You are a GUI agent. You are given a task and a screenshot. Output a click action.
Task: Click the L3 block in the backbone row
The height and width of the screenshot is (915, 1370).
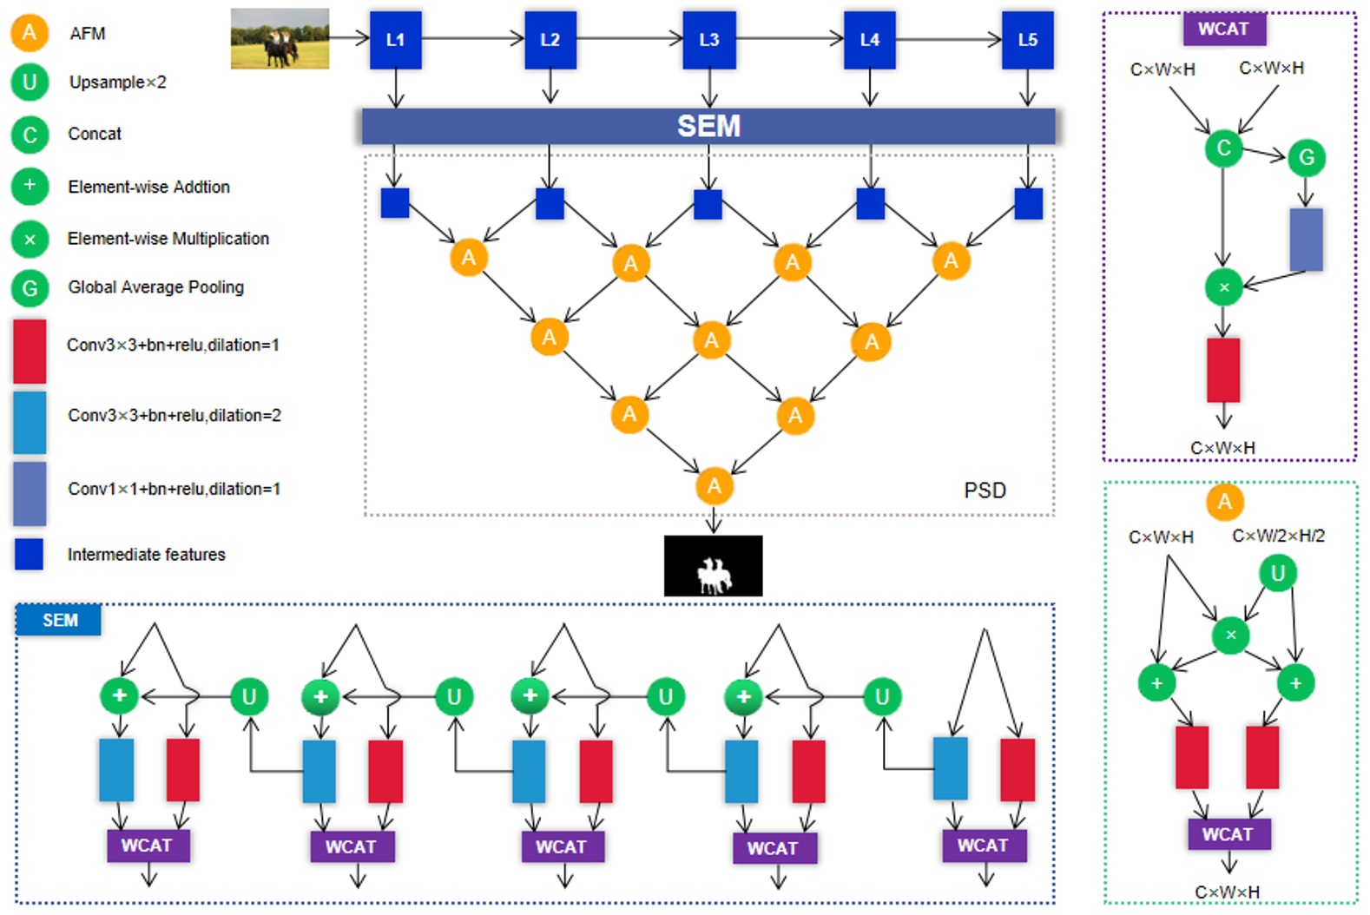point(708,40)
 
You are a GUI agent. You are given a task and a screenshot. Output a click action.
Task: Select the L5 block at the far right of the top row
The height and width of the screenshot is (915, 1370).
point(1027,40)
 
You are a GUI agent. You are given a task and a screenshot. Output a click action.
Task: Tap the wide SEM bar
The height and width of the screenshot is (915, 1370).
point(708,126)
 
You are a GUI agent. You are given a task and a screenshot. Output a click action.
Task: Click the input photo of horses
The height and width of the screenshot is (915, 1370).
point(280,39)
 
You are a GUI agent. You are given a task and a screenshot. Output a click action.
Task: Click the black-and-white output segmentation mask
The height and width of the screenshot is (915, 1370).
point(713,566)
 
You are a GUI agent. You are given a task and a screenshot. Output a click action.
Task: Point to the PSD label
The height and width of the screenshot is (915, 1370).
point(985,490)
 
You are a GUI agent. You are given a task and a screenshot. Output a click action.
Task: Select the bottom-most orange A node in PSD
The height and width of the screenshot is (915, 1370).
point(714,486)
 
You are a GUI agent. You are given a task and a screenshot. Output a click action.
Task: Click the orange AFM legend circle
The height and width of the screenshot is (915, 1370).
point(30,33)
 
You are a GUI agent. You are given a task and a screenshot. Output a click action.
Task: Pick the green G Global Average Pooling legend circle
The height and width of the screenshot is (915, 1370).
point(30,287)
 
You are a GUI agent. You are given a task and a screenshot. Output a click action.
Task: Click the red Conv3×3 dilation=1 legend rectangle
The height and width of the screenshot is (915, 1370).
point(30,351)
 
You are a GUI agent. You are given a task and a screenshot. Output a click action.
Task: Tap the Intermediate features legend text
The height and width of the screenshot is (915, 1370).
point(146,555)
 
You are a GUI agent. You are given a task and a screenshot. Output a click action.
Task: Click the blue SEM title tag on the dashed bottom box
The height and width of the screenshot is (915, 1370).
point(59,620)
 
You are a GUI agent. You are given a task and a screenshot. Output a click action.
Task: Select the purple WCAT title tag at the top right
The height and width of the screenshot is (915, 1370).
point(1223,29)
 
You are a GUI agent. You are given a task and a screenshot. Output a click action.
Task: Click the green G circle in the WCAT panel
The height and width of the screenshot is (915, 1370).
point(1306,158)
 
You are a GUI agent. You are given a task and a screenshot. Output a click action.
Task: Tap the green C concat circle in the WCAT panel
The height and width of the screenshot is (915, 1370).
point(1223,148)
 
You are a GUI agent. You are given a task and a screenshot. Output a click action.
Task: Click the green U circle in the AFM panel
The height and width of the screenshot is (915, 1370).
point(1277,573)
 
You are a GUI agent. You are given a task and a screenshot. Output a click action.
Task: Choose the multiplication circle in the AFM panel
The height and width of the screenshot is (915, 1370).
point(1230,635)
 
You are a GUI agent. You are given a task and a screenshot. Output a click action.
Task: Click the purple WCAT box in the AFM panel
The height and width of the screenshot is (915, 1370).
point(1228,834)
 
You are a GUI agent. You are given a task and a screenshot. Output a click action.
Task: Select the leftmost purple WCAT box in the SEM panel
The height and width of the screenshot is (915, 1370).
point(148,846)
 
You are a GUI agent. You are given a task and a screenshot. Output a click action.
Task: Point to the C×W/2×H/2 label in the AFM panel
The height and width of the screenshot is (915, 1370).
point(1278,536)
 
